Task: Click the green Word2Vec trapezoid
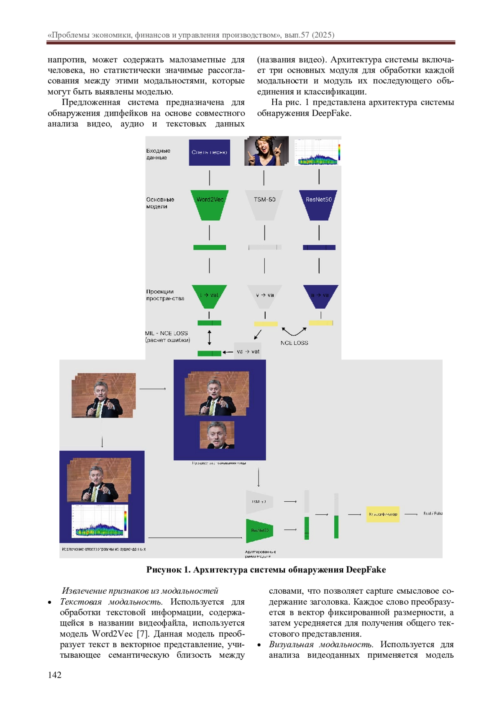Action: click(x=210, y=204)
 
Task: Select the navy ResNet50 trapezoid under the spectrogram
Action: click(x=319, y=204)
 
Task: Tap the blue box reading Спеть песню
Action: click(x=209, y=152)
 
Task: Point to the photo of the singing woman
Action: click(x=266, y=151)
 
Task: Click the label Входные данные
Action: click(x=158, y=154)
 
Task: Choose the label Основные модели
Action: click(x=160, y=203)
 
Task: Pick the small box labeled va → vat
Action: click(x=248, y=351)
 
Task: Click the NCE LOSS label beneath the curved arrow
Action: click(x=294, y=343)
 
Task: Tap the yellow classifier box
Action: click(x=383, y=514)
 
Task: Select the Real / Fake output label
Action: click(x=433, y=513)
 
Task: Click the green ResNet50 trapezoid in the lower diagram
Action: click(x=259, y=530)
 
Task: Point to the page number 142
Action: click(x=55, y=674)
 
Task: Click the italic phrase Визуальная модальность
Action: click(x=321, y=644)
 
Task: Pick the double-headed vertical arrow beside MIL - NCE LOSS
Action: click(x=210, y=337)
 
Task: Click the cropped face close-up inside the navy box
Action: click(x=217, y=435)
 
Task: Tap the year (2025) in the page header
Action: click(x=323, y=35)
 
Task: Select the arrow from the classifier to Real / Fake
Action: click(x=411, y=514)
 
